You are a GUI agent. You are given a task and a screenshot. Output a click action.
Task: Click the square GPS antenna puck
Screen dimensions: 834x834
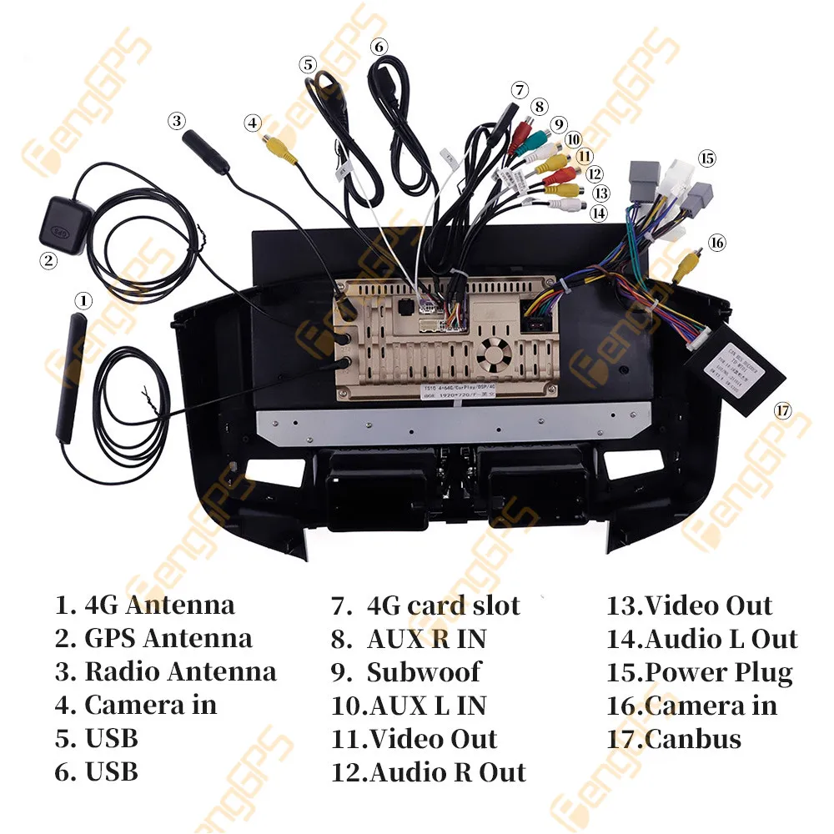[x=59, y=220]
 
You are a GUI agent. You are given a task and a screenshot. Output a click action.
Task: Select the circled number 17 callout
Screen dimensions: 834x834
[x=781, y=410]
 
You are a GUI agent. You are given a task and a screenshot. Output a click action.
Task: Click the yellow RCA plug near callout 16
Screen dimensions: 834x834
[x=686, y=265]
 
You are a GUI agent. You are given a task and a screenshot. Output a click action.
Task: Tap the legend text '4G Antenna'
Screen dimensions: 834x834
[x=159, y=605]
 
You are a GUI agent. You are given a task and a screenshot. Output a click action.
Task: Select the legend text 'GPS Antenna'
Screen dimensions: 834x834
[x=168, y=639]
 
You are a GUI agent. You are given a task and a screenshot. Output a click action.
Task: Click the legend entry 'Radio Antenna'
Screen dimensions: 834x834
[x=180, y=671]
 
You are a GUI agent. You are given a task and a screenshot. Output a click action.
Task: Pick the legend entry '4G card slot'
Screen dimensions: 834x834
[x=443, y=605]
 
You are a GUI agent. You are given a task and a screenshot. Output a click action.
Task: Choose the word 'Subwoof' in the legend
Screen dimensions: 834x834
[x=424, y=672]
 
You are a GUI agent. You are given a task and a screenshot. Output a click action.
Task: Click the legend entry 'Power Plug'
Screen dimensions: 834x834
[x=719, y=672]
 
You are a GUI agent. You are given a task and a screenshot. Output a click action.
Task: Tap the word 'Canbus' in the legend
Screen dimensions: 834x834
[x=693, y=739]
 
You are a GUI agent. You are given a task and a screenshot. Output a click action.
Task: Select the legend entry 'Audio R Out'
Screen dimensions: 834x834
[x=447, y=772]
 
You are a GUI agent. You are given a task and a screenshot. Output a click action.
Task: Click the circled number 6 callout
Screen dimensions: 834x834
[x=379, y=47]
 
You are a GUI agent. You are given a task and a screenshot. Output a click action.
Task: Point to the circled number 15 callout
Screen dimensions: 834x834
[x=707, y=158]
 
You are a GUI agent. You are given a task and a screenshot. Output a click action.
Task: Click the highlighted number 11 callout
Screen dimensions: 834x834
[x=584, y=156]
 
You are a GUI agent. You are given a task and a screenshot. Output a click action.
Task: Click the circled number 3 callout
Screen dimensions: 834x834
[x=176, y=121]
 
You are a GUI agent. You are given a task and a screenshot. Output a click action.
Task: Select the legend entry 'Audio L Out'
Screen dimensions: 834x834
[x=721, y=639]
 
